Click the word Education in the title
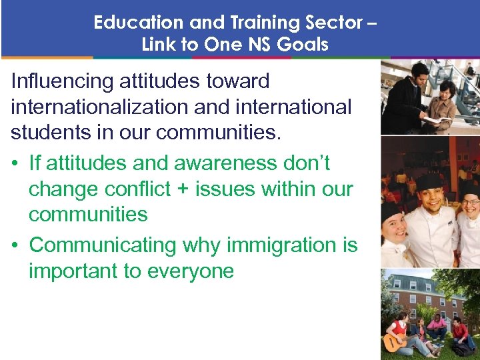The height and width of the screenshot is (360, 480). coord(139,23)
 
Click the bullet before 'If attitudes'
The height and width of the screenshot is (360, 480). coord(15,164)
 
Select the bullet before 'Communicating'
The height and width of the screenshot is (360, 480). coord(15,246)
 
